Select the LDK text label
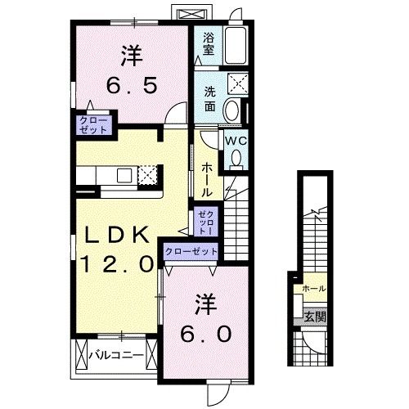click(117, 236)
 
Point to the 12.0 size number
click(117, 263)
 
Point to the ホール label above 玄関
click(313, 288)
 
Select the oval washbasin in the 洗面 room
click(231, 110)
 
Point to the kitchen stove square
click(146, 174)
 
